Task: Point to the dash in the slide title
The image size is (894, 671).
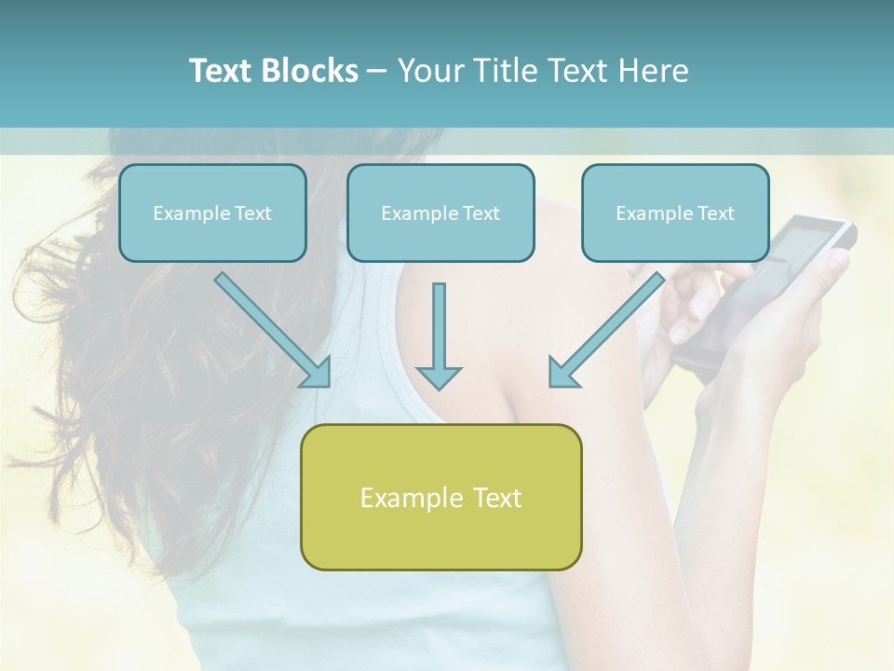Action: [x=377, y=72]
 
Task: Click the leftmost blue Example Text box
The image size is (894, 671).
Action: [x=212, y=212]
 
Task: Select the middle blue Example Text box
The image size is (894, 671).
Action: [x=440, y=212]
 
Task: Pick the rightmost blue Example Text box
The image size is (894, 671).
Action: [x=675, y=212]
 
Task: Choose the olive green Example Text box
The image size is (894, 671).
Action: [x=440, y=497]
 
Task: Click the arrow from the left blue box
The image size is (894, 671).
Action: [x=270, y=327]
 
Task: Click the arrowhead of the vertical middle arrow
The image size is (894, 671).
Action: [x=439, y=377]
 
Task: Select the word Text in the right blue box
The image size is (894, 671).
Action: [x=715, y=213]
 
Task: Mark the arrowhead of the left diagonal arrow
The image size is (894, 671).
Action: [x=318, y=374]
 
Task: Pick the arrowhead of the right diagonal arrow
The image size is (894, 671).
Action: [x=561, y=374]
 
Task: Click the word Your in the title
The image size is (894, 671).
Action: [x=432, y=71]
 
